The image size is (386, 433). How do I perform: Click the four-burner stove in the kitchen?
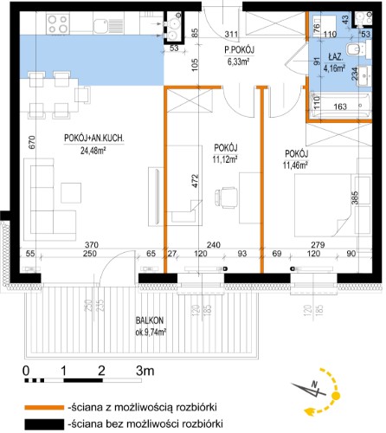pyautogui.click(x=59, y=23)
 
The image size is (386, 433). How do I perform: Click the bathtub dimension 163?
pyautogui.click(x=340, y=107)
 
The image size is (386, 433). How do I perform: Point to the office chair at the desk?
pyautogui.click(x=226, y=197)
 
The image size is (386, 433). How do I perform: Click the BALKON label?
pyautogui.click(x=150, y=320)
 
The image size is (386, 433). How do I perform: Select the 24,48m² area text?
pyautogui.click(x=93, y=151)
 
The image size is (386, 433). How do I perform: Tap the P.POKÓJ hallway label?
pyautogui.click(x=239, y=50)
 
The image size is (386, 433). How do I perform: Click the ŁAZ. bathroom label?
pyautogui.click(x=335, y=57)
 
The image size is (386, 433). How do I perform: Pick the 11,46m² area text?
pyautogui.click(x=295, y=165)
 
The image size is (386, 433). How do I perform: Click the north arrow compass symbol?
pyautogui.click(x=309, y=391)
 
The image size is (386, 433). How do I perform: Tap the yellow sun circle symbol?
pyautogui.click(x=336, y=396)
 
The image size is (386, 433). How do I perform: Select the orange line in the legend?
pyautogui.click(x=44, y=408)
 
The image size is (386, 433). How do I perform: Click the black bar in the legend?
pyautogui.click(x=44, y=424)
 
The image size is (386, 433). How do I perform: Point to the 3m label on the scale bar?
pyautogui.click(x=145, y=371)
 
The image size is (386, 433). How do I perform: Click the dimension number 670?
pyautogui.click(x=32, y=142)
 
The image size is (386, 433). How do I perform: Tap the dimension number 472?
pyautogui.click(x=196, y=181)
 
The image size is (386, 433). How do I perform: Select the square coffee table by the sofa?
pyautogui.click(x=71, y=193)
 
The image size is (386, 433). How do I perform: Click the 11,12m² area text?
pyautogui.click(x=225, y=159)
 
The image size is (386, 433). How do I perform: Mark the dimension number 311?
pyautogui.click(x=231, y=35)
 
